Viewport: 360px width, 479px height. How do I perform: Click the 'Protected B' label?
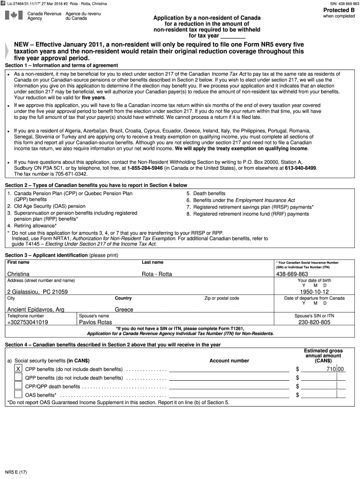tap(339, 10)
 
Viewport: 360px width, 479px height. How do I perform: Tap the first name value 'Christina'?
tap(18, 274)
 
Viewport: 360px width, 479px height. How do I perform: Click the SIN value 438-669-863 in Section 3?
tap(292, 274)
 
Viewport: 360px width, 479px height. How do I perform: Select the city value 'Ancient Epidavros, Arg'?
tap(36, 309)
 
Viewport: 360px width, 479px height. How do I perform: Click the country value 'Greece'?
tap(124, 309)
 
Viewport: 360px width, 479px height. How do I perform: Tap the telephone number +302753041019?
tap(27, 322)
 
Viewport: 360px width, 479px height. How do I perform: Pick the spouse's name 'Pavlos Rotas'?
tap(95, 322)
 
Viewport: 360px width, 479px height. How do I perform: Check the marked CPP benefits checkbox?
tap(18, 369)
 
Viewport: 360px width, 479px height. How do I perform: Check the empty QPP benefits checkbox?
tap(18, 377)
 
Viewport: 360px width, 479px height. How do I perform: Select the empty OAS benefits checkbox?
tap(18, 395)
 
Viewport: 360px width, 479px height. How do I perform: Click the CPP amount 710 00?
tap(335, 369)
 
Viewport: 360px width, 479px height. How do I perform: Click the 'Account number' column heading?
tap(229, 361)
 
